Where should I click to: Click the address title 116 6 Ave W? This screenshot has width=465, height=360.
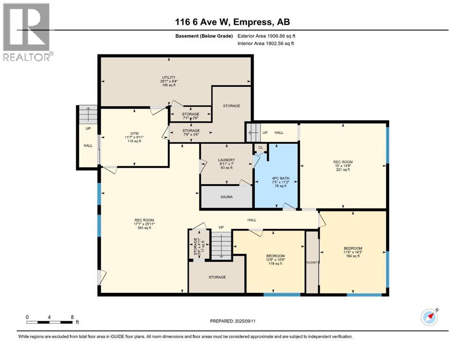pos(232,22)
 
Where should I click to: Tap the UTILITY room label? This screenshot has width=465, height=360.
pos(169,81)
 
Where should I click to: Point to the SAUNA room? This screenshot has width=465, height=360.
pos(227,197)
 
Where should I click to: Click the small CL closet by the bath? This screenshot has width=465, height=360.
pos(260,147)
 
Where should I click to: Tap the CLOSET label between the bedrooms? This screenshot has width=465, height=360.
pos(312,262)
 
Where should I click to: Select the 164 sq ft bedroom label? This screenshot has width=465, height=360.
pos(352,252)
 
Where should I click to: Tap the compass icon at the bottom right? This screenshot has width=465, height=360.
pos(429,317)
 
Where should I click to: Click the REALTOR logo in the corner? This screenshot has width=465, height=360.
pos(27,32)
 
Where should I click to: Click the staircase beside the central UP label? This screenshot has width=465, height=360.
pos(221,244)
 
